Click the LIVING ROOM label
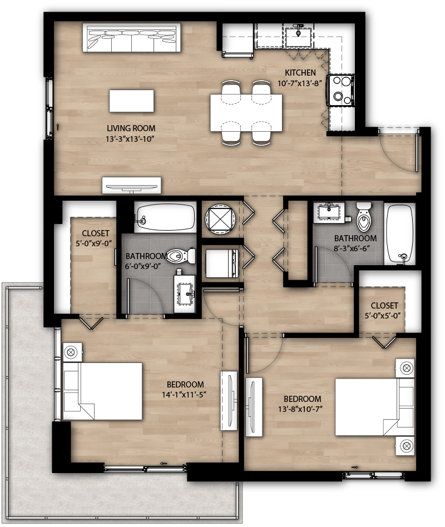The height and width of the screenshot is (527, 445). tap(128, 128)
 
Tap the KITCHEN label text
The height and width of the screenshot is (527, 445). tap(300, 73)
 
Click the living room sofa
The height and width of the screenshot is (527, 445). tap(132, 37)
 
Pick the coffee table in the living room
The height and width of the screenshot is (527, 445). tap(131, 101)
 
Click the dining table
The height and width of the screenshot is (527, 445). tap(246, 113)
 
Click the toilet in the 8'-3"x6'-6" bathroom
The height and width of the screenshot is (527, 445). tap(363, 217)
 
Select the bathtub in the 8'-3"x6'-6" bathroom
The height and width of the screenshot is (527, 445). tap(399, 233)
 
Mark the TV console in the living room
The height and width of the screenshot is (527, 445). tap(132, 185)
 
